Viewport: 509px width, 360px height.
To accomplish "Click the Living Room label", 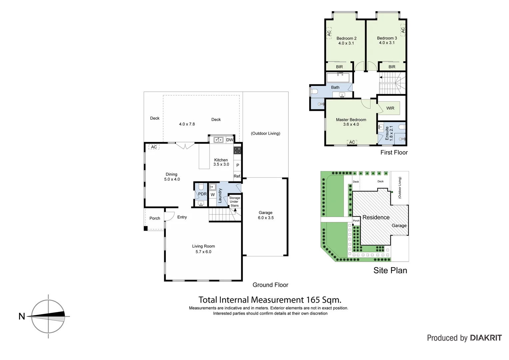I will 203,249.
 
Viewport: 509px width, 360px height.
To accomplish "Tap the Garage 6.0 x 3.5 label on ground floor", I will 265,215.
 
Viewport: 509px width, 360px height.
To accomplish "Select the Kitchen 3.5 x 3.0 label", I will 221,162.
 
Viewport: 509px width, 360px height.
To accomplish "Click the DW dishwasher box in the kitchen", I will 230,140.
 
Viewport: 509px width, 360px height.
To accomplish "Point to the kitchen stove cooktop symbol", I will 237,150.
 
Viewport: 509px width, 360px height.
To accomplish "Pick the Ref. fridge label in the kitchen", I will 237,176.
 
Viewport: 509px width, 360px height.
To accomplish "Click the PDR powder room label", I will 202,194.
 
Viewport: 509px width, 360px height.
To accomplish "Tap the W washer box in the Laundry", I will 213,195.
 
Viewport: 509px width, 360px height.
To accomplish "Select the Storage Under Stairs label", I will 235,202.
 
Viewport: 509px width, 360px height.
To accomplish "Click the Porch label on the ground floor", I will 155,218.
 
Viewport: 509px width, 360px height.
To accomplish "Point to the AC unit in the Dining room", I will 154,147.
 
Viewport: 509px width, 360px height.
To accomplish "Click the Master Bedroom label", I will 351,122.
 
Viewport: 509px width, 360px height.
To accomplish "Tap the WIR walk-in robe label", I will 390,108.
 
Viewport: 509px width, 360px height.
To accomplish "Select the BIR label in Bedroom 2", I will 339,67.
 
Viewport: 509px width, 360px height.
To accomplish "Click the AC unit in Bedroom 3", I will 403,30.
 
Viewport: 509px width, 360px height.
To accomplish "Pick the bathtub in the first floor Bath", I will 338,78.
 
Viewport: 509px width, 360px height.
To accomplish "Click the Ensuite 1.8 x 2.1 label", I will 389,133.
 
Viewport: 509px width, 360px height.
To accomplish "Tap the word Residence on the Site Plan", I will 376,217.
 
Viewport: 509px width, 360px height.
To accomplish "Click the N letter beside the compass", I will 22,316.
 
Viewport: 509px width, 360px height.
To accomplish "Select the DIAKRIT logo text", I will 486,338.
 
